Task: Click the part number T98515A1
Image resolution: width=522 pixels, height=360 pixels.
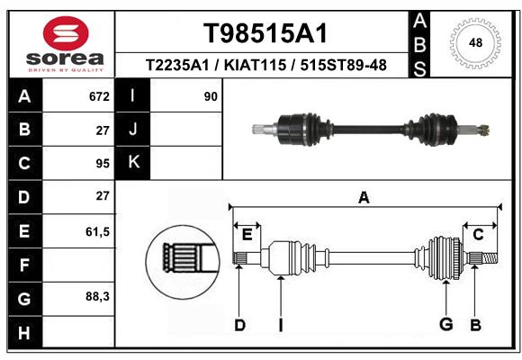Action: pyautogui.click(x=265, y=33)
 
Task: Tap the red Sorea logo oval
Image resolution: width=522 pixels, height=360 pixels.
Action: pyautogui.click(x=66, y=33)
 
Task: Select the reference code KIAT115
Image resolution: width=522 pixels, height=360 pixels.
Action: pyautogui.click(x=255, y=65)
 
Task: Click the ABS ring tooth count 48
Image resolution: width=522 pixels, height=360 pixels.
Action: pyautogui.click(x=475, y=43)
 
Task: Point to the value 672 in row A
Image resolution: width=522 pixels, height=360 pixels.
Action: pyautogui.click(x=99, y=96)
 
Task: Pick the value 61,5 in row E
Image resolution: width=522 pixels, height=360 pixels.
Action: pyautogui.click(x=97, y=231)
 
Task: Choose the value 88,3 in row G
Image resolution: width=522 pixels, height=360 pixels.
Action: pyautogui.click(x=97, y=296)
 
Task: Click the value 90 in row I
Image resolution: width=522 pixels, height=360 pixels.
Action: pyautogui.click(x=211, y=96)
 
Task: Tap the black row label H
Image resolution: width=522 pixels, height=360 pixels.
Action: pyautogui.click(x=25, y=332)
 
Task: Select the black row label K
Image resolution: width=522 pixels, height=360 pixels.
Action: pyautogui.click(x=132, y=163)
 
